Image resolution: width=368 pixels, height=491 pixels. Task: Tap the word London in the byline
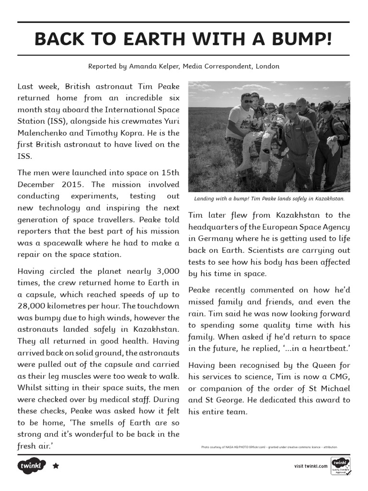coord(267,66)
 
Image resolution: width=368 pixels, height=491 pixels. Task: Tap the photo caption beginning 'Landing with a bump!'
coord(269,199)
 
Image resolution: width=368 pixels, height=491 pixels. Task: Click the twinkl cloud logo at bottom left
coord(32,466)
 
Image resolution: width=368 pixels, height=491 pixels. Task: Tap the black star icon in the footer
coord(56,466)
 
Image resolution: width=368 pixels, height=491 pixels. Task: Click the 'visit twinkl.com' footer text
coord(311,466)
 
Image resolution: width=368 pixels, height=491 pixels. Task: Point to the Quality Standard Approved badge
coord(341,466)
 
